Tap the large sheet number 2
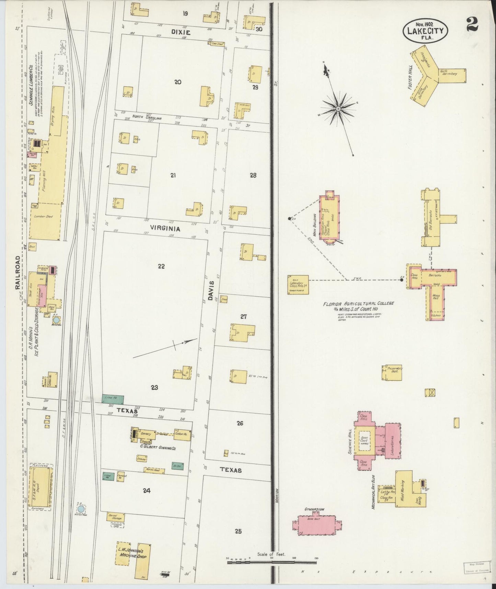point(473,24)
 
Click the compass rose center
point(338,109)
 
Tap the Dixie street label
point(181,32)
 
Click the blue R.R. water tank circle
point(81,509)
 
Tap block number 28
point(253,175)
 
